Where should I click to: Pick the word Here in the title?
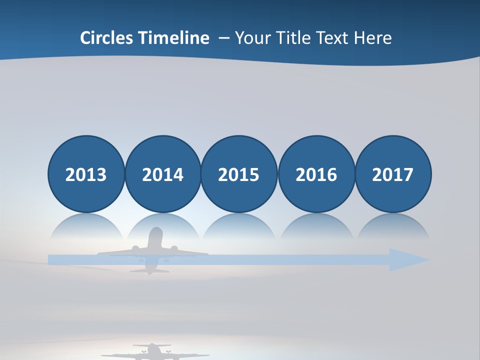point(373,38)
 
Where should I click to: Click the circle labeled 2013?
point(86,174)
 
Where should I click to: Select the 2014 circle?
point(163,174)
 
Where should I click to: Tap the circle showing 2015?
point(239,174)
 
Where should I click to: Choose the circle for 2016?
point(316,174)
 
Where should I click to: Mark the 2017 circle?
point(393,174)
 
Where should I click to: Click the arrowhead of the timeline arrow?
point(407,259)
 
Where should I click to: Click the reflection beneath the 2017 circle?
point(393,227)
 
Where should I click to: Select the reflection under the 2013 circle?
point(86,227)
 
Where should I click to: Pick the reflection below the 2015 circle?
point(239,227)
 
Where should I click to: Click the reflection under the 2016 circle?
point(316,227)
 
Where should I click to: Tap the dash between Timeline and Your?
point(224,38)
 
